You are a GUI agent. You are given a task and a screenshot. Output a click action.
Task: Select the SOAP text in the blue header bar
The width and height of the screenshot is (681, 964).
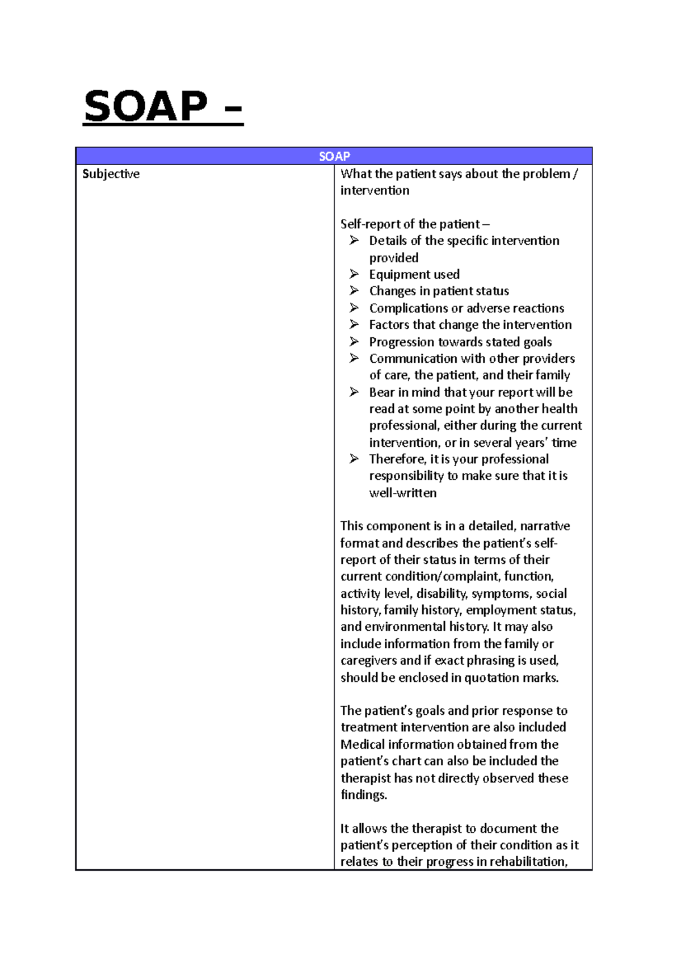tap(334, 156)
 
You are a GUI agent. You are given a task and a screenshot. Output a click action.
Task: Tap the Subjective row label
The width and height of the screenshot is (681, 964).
tap(111, 174)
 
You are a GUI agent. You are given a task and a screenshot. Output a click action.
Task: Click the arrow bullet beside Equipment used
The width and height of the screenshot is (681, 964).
tap(354, 274)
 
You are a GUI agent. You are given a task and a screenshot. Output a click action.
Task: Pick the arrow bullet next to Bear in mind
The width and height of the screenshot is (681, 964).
tap(354, 392)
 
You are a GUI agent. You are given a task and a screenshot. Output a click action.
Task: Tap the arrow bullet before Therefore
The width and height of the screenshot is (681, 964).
tap(354, 459)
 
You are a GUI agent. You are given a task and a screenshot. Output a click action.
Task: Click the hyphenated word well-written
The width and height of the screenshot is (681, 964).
tap(403, 493)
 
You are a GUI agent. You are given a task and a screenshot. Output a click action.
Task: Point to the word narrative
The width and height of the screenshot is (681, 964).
tap(545, 526)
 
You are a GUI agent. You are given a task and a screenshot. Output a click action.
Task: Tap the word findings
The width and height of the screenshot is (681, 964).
tap(363, 794)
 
